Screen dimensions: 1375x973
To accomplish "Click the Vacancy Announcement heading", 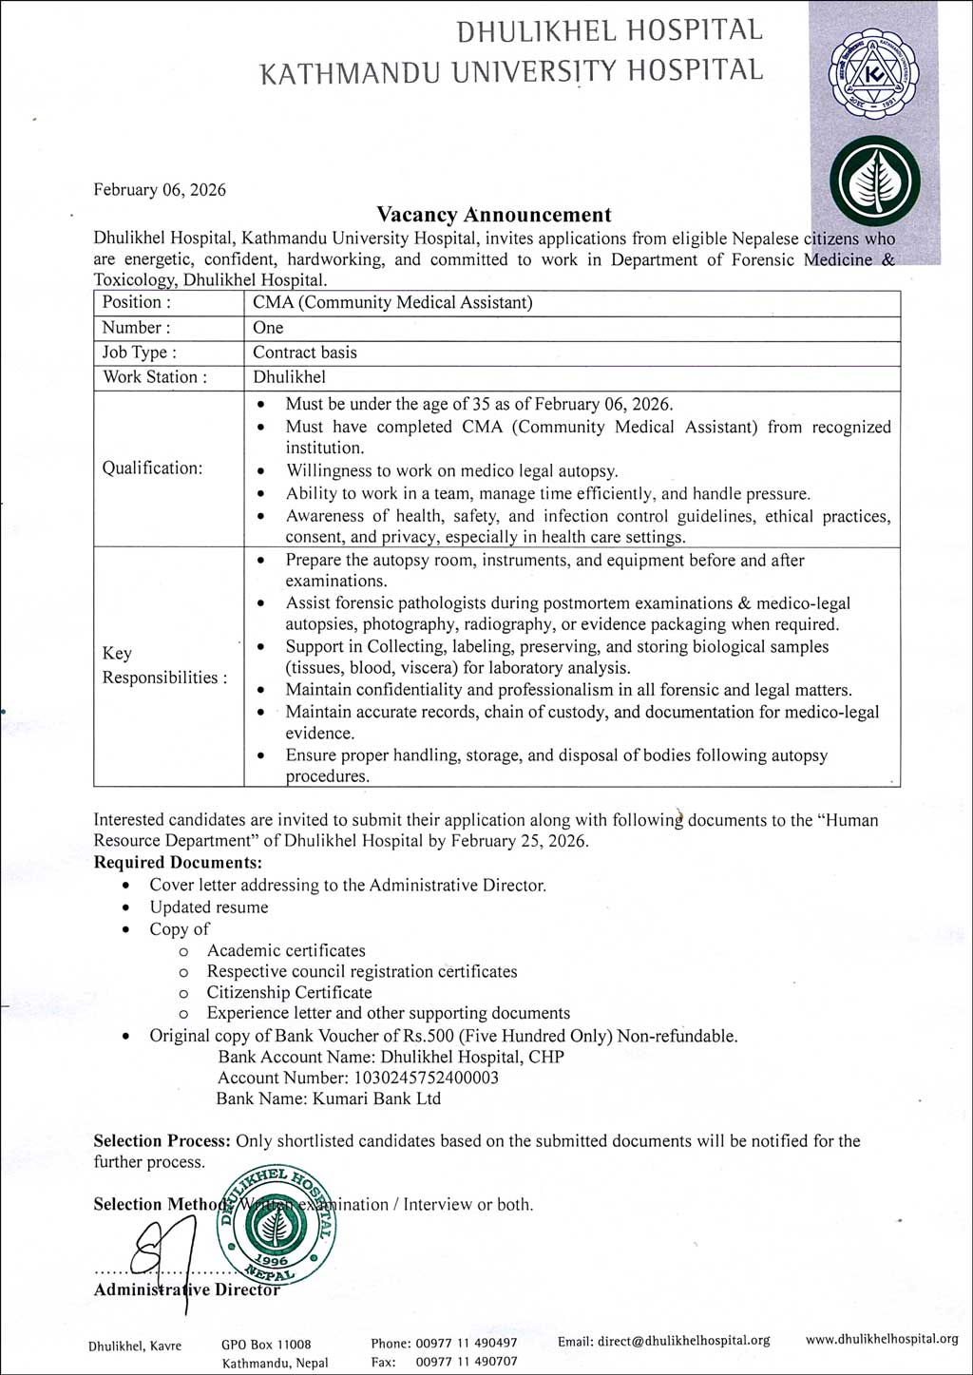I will coord(493,215).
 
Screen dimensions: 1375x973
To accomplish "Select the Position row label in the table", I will coord(137,302).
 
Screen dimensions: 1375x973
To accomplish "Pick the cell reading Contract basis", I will coord(305,353).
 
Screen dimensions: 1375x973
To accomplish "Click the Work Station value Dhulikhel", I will coord(289,377).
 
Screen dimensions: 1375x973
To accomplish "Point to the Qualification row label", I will coord(152,468).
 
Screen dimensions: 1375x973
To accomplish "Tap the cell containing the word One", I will coord(268,328).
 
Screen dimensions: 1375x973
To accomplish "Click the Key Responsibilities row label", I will coord(164,665).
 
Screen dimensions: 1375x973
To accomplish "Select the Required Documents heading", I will coord(178,863).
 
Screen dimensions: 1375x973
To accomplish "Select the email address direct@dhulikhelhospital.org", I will coord(663,1340).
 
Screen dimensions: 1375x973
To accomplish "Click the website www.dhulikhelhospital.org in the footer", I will coord(882,1339).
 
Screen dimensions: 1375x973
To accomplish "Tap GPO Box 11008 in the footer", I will coord(266,1344).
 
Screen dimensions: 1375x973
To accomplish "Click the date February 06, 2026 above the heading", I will coord(160,190).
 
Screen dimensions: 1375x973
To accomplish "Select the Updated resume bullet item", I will coord(209,907).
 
